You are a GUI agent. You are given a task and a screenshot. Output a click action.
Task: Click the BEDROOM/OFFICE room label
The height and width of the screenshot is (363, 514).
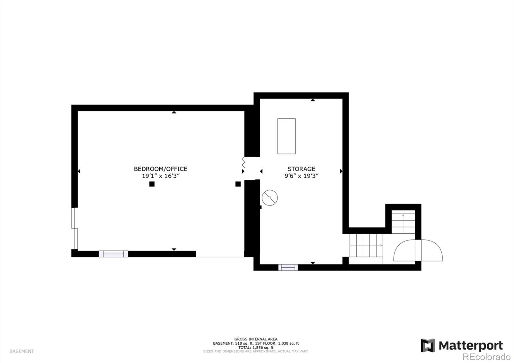[160, 169]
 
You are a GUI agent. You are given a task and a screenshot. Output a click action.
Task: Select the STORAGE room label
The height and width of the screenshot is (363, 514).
[301, 169]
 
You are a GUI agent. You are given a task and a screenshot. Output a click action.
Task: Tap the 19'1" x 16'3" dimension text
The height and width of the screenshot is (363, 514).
[160, 176]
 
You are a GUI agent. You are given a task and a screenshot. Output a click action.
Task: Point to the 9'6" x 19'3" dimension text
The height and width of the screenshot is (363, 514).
[301, 176]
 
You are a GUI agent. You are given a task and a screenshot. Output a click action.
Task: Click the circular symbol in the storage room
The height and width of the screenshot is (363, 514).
[270, 198]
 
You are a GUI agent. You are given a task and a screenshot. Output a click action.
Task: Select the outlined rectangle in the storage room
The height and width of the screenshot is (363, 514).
[286, 136]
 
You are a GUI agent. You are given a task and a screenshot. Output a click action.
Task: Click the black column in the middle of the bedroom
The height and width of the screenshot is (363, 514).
[152, 184]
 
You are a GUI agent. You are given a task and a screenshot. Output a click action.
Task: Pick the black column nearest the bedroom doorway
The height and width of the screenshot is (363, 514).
[238, 184]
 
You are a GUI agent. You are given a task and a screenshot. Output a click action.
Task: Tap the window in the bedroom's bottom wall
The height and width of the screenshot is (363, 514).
[113, 254]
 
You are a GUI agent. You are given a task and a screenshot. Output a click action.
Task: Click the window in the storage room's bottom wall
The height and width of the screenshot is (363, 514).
[288, 267]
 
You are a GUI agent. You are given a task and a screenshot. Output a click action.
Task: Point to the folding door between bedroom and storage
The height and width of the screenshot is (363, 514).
[244, 163]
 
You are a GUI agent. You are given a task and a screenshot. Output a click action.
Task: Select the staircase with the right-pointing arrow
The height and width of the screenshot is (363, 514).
[366, 246]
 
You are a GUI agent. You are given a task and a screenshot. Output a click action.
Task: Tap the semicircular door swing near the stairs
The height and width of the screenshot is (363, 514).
[418, 250]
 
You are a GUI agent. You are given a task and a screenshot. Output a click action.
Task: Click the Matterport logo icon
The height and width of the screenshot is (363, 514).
[428, 345]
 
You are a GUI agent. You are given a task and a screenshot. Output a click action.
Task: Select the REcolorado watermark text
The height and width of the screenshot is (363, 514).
[486, 357]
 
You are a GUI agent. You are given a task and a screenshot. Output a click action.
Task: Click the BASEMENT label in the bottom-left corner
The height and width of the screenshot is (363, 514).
[22, 351]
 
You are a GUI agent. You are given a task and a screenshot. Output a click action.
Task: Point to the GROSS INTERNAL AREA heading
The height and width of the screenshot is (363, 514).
[256, 339]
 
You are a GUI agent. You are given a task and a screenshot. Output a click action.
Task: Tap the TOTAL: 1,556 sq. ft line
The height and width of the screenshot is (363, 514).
[256, 348]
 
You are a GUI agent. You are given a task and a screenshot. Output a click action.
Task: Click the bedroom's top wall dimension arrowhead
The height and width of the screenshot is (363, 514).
[174, 112]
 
